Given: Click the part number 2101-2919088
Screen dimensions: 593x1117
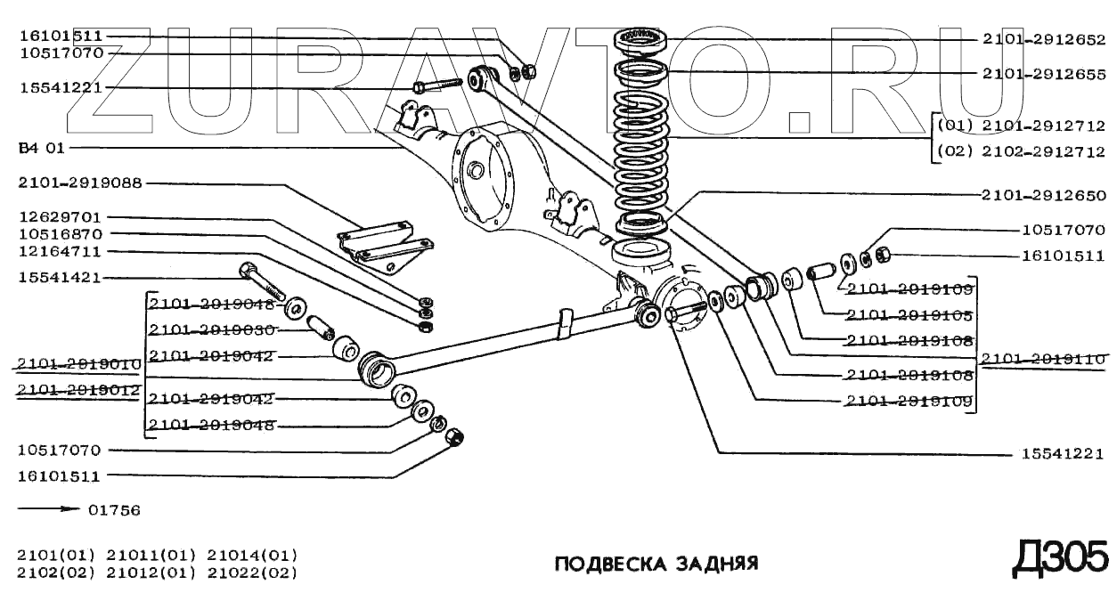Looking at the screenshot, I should tap(80, 183).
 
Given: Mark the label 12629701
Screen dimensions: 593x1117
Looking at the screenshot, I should tap(60, 217).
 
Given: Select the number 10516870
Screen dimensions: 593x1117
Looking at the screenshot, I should tap(60, 234).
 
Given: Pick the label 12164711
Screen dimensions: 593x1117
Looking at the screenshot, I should tap(60, 252).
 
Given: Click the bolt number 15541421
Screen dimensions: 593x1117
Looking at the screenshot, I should tap(60, 278).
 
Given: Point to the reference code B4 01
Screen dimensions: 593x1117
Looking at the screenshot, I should tap(42, 148).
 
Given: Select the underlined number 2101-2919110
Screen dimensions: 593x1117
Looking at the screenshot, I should tap(1043, 359).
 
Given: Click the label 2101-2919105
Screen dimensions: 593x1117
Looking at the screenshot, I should tap(909, 315).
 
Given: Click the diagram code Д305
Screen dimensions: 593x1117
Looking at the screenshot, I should tap(1061, 558).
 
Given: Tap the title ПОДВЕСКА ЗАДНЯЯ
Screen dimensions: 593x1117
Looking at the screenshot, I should tap(656, 565).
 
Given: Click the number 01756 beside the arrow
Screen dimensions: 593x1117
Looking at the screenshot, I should tap(115, 511).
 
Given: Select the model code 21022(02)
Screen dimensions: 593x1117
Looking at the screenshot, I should tap(252, 573).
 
